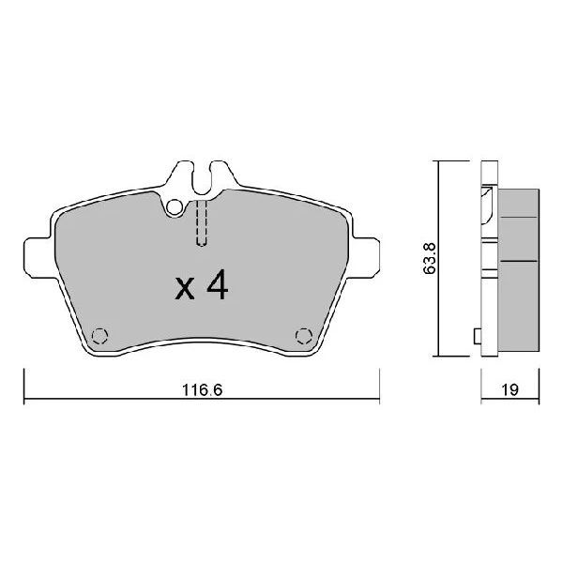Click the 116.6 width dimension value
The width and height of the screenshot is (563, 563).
click(203, 389)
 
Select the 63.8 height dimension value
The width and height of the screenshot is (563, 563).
click(430, 259)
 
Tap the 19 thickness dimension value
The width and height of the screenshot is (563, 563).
click(510, 389)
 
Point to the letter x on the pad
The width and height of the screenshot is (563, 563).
click(185, 289)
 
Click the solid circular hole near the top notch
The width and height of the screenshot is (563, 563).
click(175, 207)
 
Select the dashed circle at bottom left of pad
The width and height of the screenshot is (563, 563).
click(99, 336)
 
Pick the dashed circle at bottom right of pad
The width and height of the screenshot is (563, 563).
click(304, 336)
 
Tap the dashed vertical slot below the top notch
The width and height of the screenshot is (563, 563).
click(202, 222)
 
